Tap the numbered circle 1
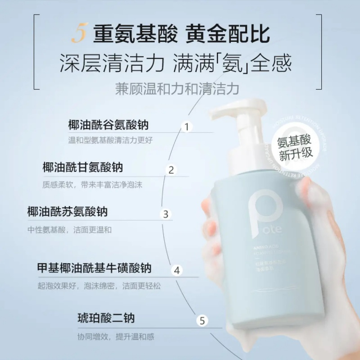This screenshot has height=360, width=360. (186, 126)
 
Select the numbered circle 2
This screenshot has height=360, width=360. (171, 170)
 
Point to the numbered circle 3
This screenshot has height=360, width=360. (166, 214)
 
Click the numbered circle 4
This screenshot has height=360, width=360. (177, 270)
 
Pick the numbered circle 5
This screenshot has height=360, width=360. (202, 321)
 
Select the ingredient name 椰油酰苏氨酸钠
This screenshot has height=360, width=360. (67, 211)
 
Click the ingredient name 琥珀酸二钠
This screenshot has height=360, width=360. (106, 319)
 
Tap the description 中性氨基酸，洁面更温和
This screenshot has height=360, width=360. (69, 230)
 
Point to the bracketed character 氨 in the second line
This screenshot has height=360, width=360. (236, 63)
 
